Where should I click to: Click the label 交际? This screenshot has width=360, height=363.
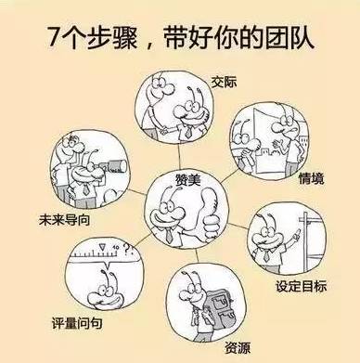(x=224, y=82)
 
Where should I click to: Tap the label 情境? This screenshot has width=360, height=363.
(x=311, y=178)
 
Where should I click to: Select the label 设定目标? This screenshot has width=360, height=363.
(x=301, y=286)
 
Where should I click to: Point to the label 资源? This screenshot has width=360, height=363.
(x=238, y=347)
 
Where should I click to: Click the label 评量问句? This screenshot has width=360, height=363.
(x=77, y=323)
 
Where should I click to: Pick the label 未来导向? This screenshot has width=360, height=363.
(x=64, y=220)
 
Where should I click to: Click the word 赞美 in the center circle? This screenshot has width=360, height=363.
(x=188, y=179)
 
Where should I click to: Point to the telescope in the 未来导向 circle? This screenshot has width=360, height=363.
(x=113, y=165)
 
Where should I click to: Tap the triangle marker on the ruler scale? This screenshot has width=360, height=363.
(x=102, y=247)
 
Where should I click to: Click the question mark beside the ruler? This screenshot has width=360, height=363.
(x=126, y=248)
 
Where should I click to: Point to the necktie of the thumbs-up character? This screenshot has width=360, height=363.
(x=169, y=235)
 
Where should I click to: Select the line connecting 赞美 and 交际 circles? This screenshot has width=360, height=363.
(x=179, y=156)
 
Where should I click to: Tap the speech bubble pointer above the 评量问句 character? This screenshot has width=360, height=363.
(x=108, y=265)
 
